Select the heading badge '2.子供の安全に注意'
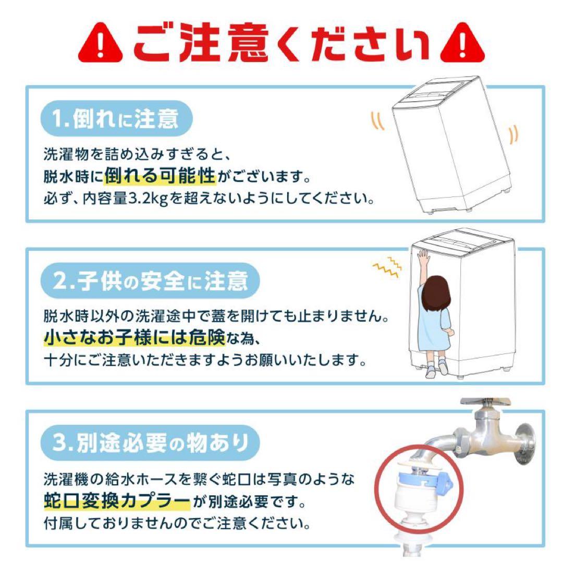[x=151, y=282]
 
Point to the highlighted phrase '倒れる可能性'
[x=160, y=177]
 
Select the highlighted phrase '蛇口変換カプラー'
[x=117, y=502]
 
